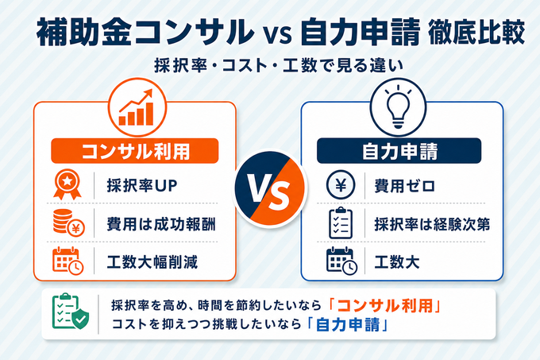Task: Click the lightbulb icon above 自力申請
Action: pos(398,106)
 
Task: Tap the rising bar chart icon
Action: pos(137,107)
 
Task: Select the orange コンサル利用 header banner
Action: pos(135,151)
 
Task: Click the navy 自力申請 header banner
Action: pos(399,151)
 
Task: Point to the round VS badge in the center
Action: pos(270,189)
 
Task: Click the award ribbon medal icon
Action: pos(67,184)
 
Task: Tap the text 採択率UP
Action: pos(142,186)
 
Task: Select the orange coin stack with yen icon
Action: pos(69,223)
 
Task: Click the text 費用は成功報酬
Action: pos(161,224)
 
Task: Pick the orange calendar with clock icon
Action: pos(67,261)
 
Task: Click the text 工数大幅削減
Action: pos(152,261)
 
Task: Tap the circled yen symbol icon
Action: pos(341,185)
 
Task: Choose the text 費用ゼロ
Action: pos(405,186)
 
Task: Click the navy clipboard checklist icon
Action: pos(341,223)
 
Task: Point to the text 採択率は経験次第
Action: pos(432,224)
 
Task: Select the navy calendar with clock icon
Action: pos(341,261)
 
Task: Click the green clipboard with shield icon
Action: pos(70,312)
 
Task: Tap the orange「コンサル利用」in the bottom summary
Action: pos(385,306)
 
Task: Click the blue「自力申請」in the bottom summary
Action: pos(348,324)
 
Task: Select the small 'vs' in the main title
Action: pos(278,34)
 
